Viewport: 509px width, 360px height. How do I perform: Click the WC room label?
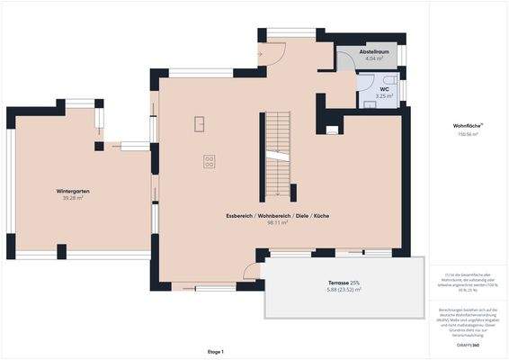point(384,89)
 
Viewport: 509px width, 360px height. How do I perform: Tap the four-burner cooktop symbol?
point(210,161)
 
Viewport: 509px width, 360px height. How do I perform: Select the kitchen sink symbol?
point(200,123)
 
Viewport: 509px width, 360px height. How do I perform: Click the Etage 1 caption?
point(215,351)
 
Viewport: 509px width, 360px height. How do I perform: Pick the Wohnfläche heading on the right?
point(467,125)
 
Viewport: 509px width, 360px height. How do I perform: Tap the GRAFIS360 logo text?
point(467,344)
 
